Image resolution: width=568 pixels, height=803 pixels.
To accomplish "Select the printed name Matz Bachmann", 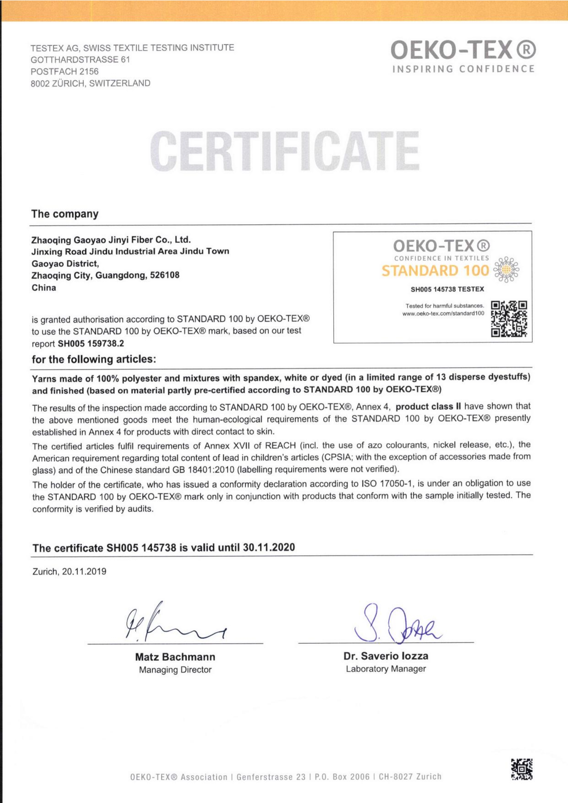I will click(x=175, y=657).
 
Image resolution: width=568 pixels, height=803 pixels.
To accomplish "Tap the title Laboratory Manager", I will click(x=386, y=669).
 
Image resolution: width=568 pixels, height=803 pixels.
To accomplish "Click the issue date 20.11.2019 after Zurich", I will click(x=84, y=572).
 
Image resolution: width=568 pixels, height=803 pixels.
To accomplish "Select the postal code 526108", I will click(x=165, y=275).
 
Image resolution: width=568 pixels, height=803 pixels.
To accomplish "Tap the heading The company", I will click(x=65, y=214).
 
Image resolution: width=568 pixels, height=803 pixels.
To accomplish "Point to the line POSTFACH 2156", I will click(x=65, y=71).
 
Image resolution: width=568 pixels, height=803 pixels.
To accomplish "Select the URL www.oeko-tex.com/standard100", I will click(x=443, y=313).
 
